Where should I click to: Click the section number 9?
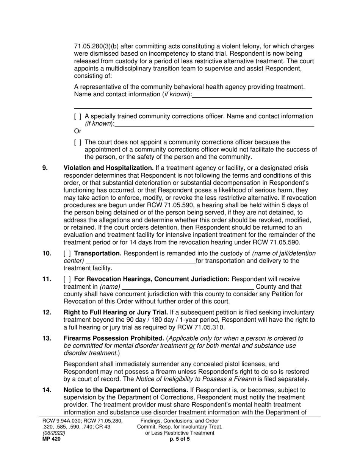(45, 168)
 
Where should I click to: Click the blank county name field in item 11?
(188, 287)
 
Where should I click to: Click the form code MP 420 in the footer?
(51, 439)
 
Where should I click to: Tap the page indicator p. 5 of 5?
(180, 439)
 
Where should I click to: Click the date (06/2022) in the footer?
(53, 433)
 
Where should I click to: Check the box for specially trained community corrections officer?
(78, 116)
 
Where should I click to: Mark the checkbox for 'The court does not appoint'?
(78, 142)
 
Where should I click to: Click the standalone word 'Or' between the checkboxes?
(78, 131)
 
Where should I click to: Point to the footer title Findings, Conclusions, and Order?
(180, 421)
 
